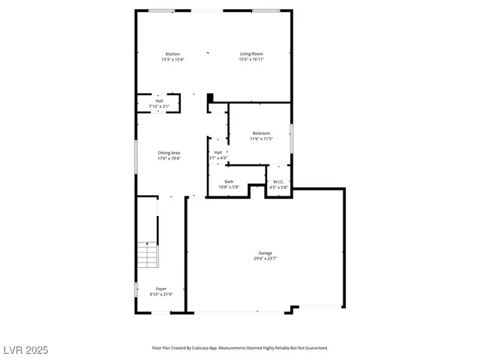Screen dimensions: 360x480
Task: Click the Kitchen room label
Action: (172, 54)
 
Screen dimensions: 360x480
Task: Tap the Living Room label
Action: (251, 54)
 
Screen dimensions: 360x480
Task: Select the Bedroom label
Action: (261, 133)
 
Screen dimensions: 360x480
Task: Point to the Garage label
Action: (265, 253)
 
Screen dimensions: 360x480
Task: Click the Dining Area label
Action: (169, 153)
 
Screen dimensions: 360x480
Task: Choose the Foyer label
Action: (161, 289)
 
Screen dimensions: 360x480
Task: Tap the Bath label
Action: (229, 181)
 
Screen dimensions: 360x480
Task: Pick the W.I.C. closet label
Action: (277, 181)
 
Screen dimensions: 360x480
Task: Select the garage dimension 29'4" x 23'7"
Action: (265, 259)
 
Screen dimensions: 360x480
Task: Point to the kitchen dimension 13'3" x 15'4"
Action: (172, 59)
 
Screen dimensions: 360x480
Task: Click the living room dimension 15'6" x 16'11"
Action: (251, 59)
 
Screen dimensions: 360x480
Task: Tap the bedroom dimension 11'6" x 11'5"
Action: (261, 139)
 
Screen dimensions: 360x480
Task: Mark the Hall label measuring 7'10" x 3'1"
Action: (159, 101)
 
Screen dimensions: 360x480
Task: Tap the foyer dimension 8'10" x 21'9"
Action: (161, 294)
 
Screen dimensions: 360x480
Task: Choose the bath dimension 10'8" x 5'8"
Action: (229, 187)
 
